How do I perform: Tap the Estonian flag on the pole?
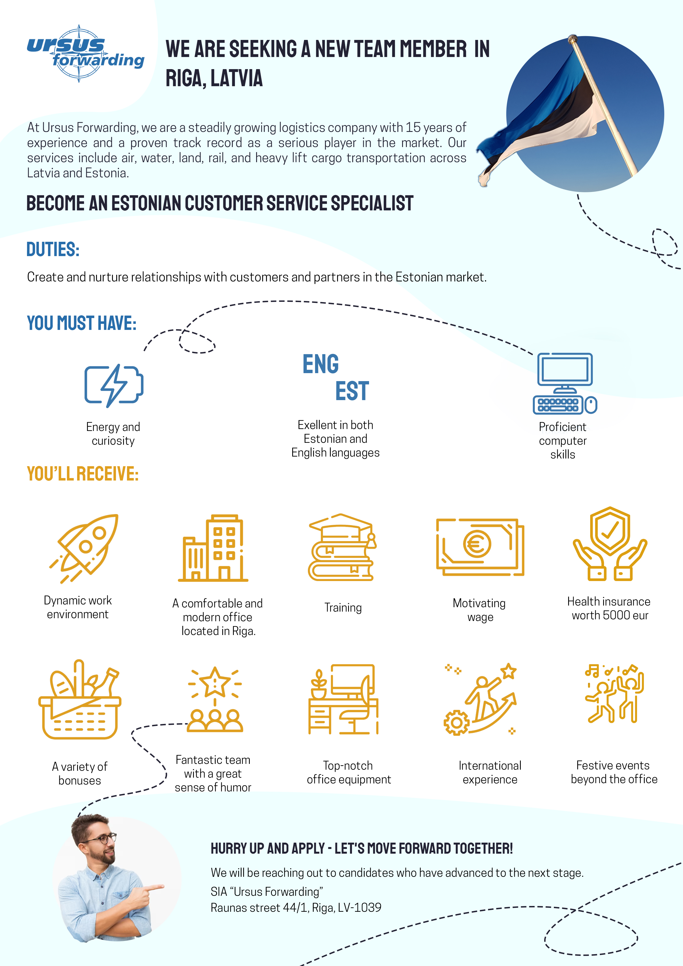point(543,122)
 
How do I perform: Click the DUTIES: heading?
point(53,249)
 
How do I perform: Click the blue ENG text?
point(321,364)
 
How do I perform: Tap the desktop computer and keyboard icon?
point(565,384)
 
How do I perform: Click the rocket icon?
point(84,548)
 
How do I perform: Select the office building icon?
point(213,548)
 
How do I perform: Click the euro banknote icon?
point(480,547)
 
